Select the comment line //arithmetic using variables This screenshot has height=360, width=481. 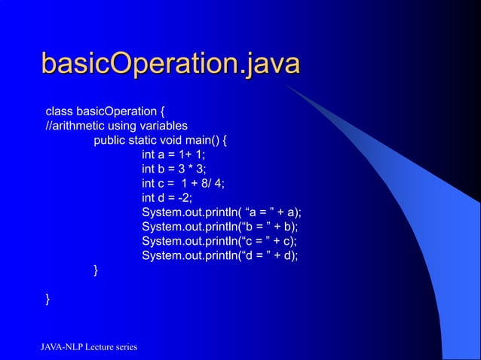117,126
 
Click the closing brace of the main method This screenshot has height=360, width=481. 96,270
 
